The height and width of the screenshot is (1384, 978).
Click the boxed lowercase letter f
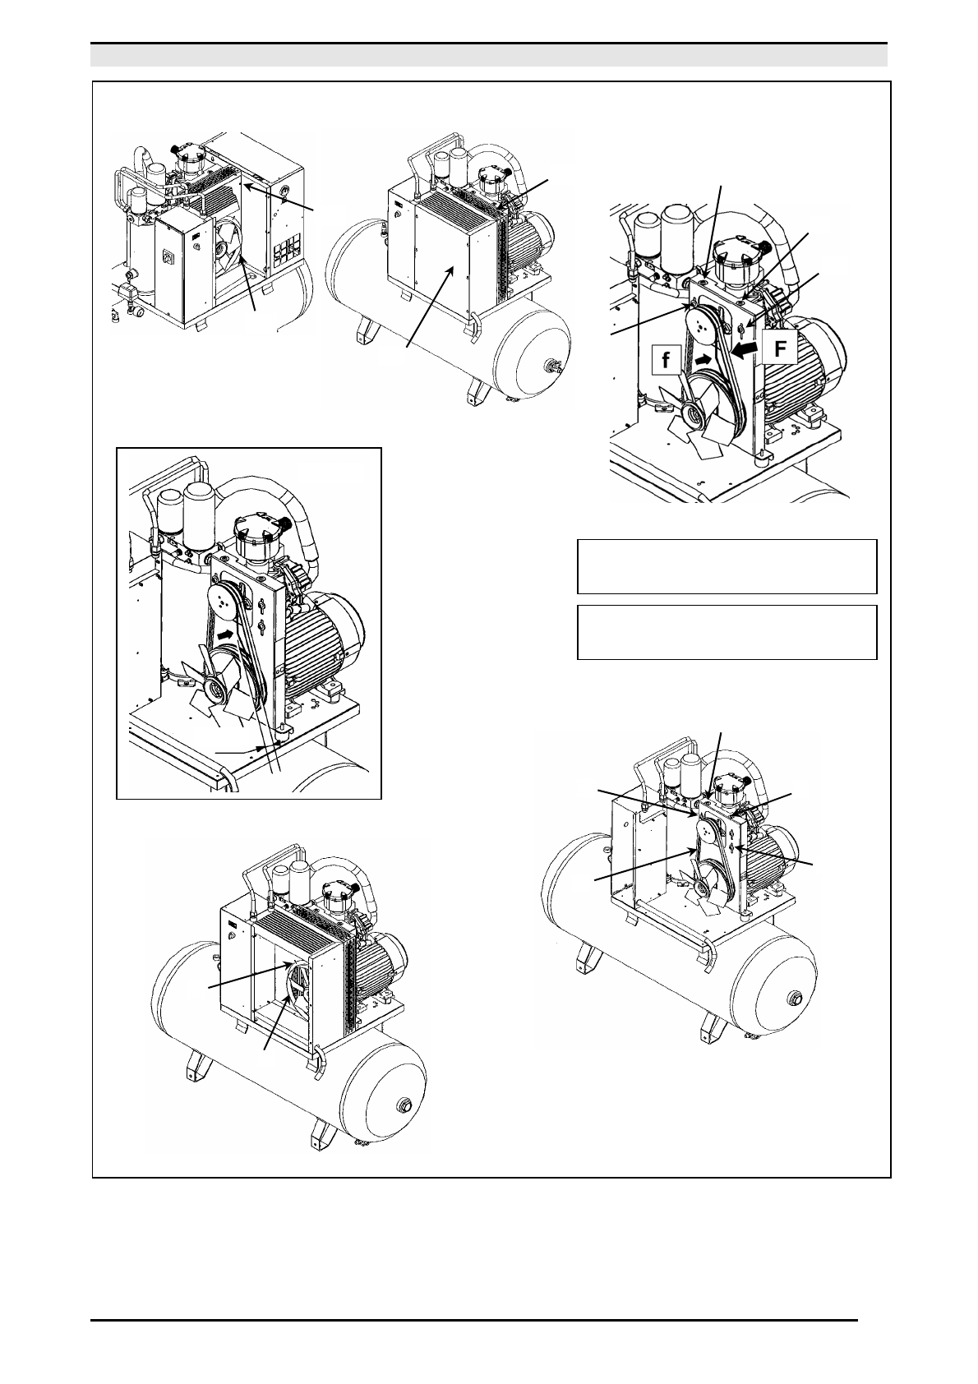point(666,360)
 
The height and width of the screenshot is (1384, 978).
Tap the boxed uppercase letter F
point(781,348)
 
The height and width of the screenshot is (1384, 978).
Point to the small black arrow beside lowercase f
point(703,358)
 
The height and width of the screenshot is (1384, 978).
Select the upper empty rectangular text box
point(727,566)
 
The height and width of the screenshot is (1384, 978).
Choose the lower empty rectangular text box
point(727,633)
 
